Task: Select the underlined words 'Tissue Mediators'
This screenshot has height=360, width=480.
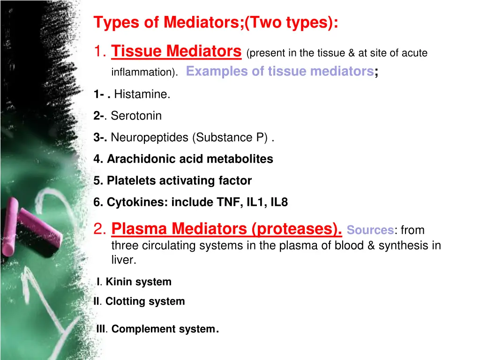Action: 176,51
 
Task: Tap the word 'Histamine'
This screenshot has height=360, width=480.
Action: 141,94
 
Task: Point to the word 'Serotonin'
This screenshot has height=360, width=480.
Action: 136,116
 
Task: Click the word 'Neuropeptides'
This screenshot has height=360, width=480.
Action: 150,137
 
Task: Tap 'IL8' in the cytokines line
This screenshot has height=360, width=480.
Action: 278,202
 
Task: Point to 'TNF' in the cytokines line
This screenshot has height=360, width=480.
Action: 229,202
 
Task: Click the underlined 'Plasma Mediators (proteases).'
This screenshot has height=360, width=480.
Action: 227,229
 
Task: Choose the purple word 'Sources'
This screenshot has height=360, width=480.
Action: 370,230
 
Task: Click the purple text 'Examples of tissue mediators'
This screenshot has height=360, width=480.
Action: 279,71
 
